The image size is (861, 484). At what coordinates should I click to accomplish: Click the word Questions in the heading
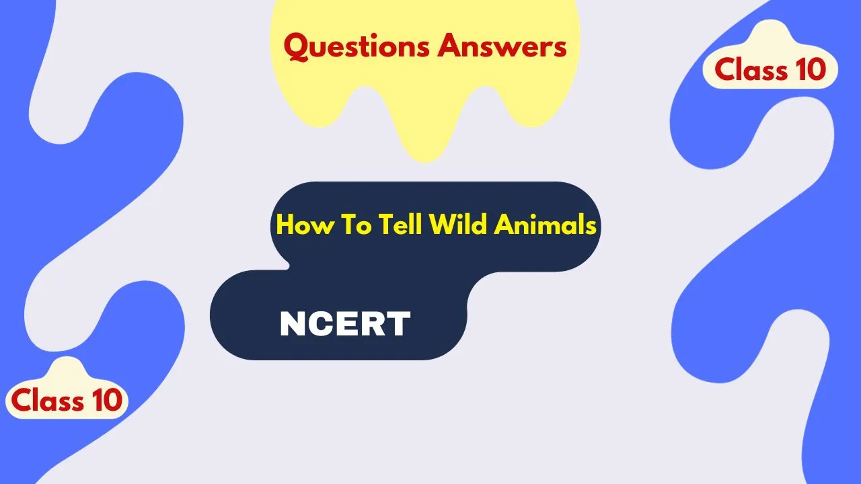(x=357, y=47)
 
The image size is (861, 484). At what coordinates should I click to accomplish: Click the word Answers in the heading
(x=502, y=46)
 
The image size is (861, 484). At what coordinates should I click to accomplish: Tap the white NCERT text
(x=345, y=323)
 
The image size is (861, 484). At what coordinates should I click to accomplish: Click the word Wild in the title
(x=458, y=224)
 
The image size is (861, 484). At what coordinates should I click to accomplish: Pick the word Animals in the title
(x=545, y=224)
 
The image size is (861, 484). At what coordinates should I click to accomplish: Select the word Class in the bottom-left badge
(x=47, y=400)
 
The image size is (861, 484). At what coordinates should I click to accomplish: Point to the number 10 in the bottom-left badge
(x=107, y=400)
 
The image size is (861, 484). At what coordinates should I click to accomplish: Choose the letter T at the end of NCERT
(x=399, y=323)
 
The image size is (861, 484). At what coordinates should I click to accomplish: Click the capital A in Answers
(x=450, y=46)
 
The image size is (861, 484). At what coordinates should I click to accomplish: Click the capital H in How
(x=286, y=225)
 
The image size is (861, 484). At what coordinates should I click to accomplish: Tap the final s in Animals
(x=590, y=227)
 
